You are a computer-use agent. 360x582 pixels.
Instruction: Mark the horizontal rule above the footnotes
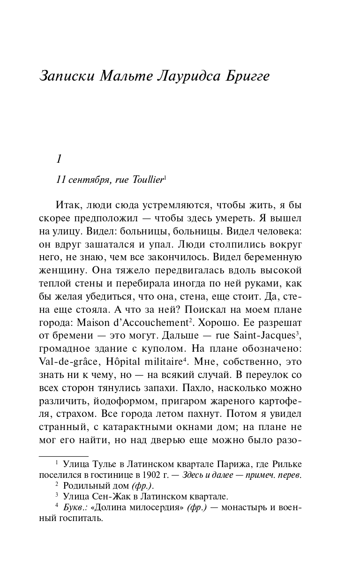(x=63, y=456)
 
